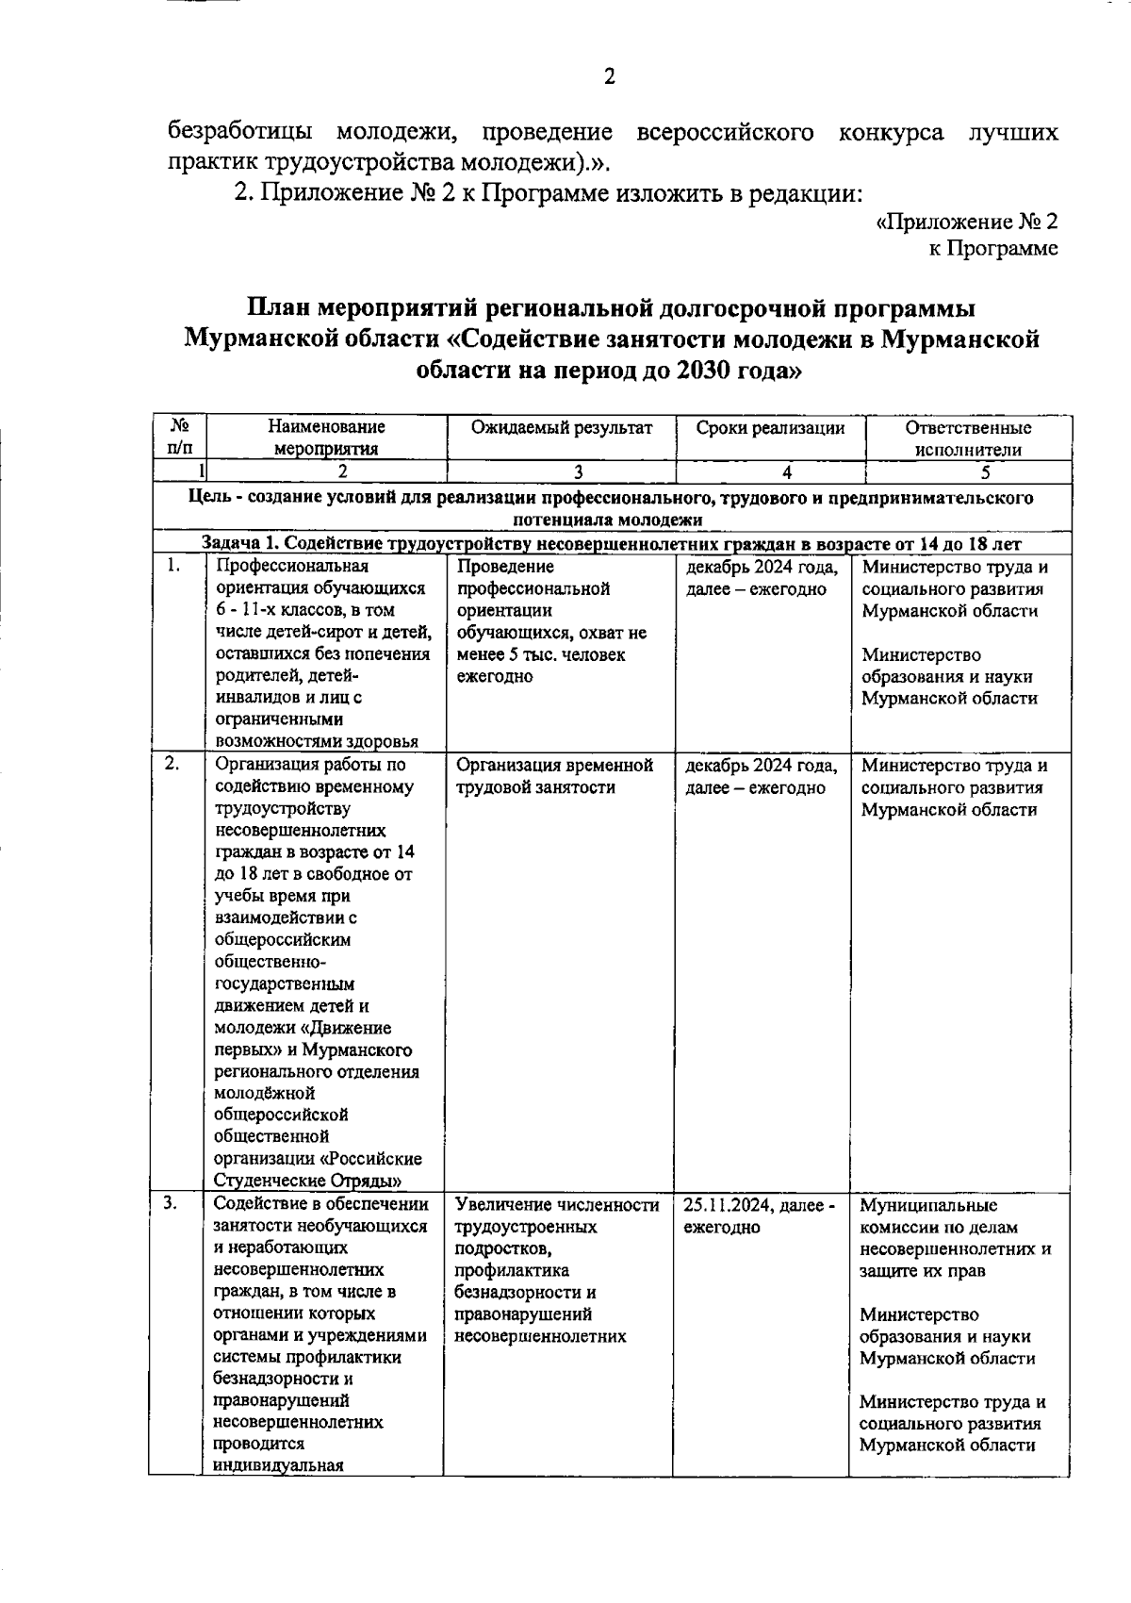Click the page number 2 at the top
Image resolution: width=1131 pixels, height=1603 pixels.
(609, 77)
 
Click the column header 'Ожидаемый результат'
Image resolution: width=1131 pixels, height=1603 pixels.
(562, 428)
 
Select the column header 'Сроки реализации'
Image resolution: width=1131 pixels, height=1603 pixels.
(770, 428)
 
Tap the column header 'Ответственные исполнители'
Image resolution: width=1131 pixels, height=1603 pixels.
(968, 438)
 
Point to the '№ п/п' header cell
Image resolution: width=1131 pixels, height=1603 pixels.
(178, 438)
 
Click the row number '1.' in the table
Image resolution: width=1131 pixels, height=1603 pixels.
(172, 567)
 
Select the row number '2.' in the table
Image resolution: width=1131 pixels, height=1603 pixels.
(172, 765)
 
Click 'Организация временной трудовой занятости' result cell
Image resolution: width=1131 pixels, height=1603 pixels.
(554, 776)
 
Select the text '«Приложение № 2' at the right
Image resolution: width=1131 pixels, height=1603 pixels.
(967, 222)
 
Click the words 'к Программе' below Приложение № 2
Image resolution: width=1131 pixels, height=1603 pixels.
(992, 248)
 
